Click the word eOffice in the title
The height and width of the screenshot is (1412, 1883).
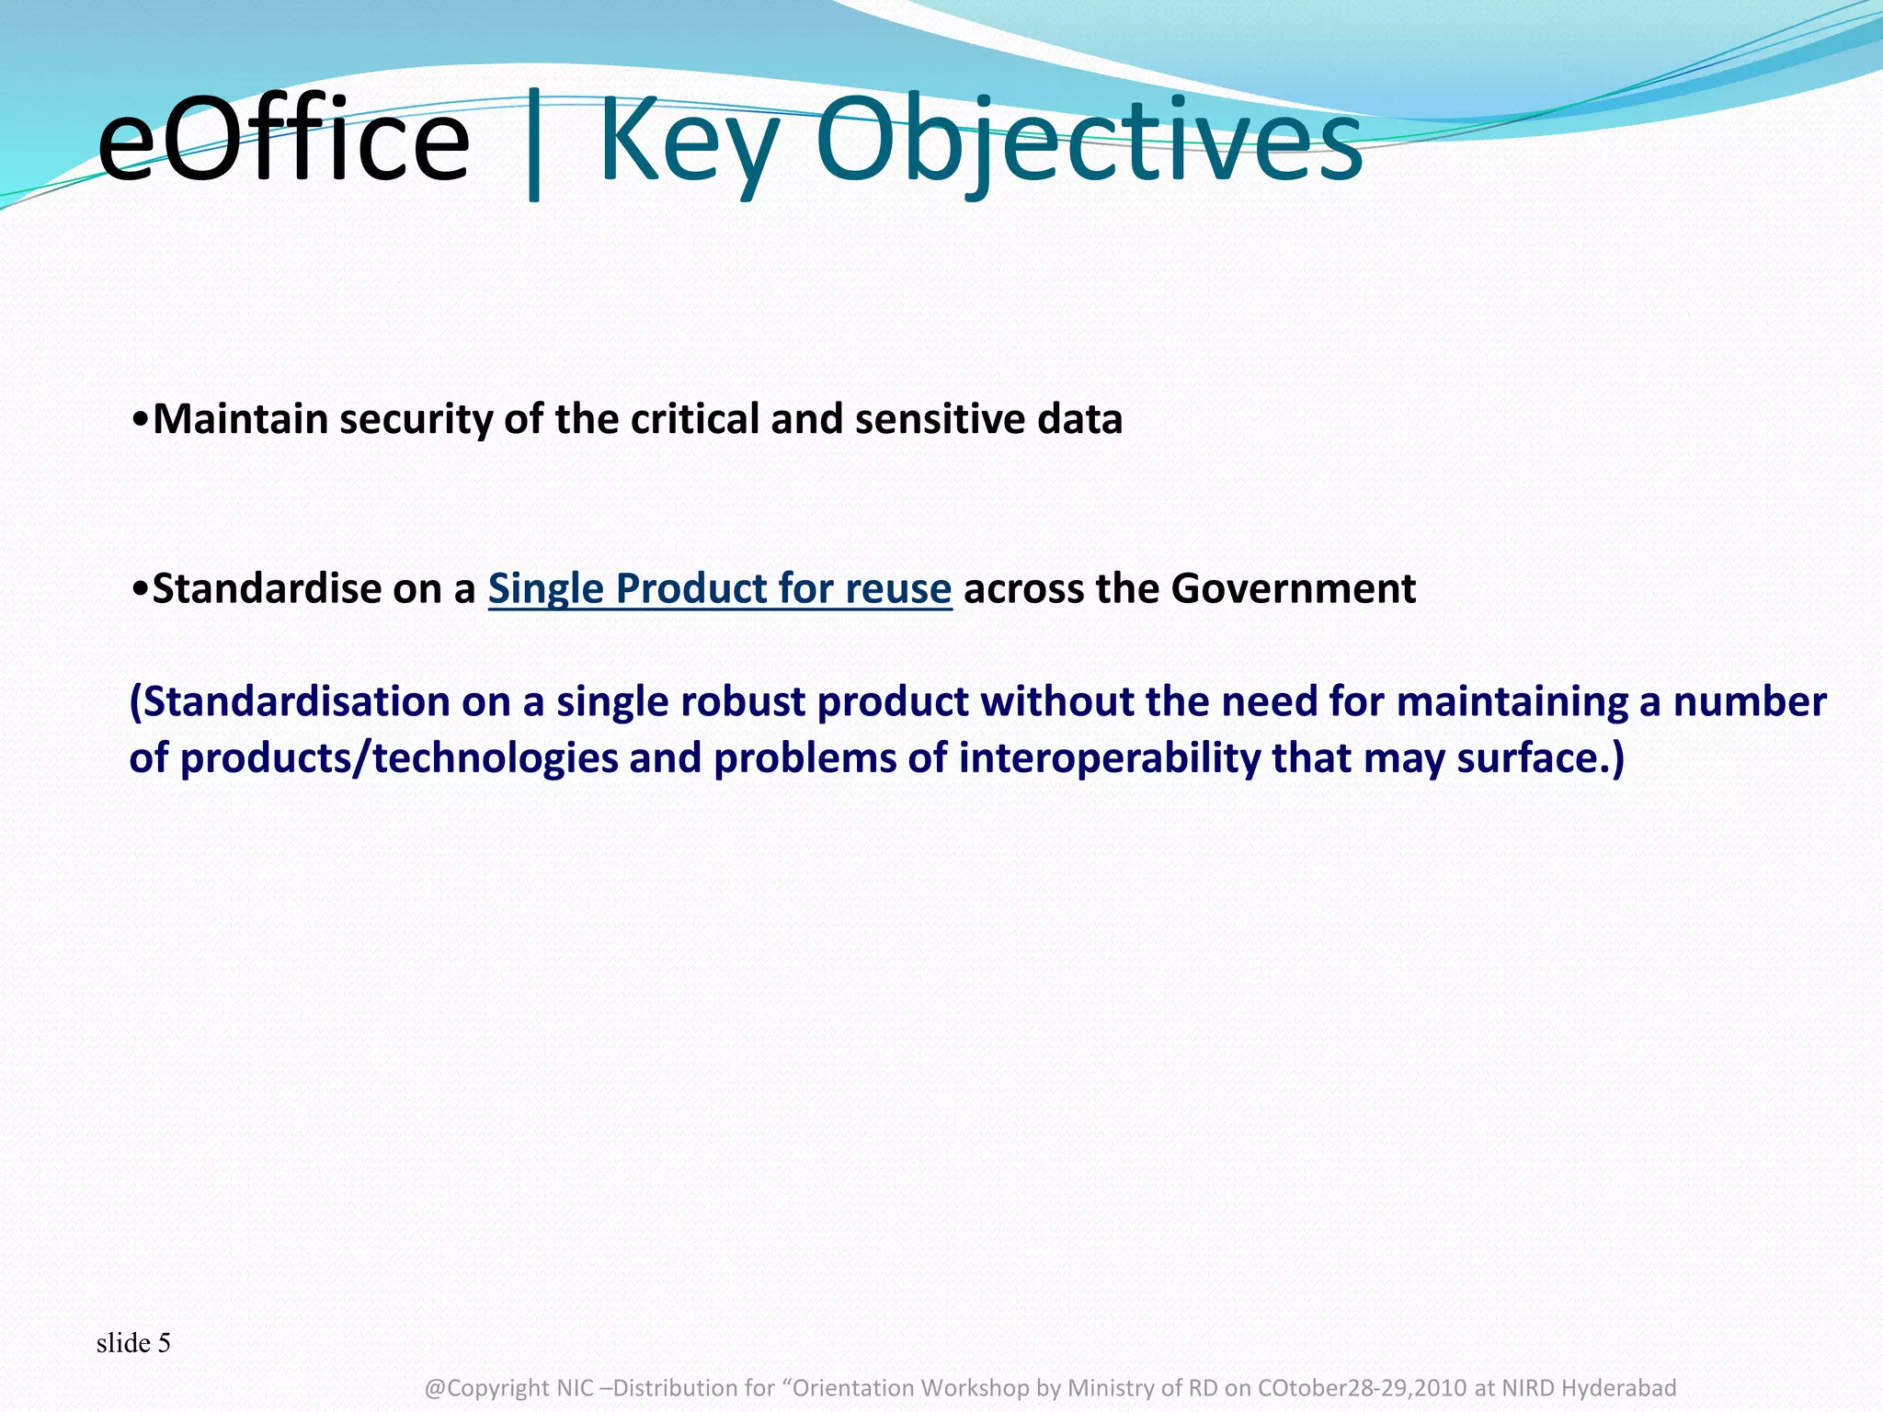[x=283, y=142]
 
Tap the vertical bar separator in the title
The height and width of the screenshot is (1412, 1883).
[x=534, y=147]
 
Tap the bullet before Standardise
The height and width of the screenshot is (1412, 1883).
[x=140, y=589]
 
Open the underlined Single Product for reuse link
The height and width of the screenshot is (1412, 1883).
[x=719, y=588]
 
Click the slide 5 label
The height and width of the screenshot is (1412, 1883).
[x=133, y=1343]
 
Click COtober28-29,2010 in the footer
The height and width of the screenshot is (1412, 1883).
[x=1362, y=1387]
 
